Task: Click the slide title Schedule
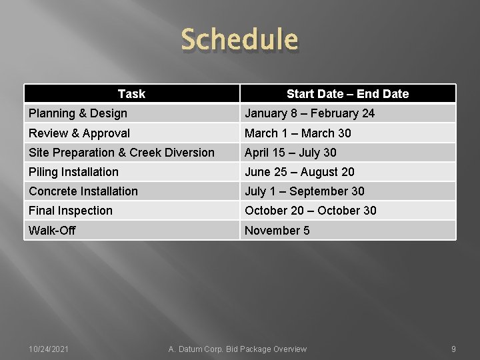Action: pos(239,39)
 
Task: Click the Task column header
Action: pos(131,94)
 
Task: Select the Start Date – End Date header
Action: pos(347,94)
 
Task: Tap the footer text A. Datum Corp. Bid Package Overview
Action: pos(238,349)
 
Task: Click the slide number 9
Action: pos(453,349)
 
